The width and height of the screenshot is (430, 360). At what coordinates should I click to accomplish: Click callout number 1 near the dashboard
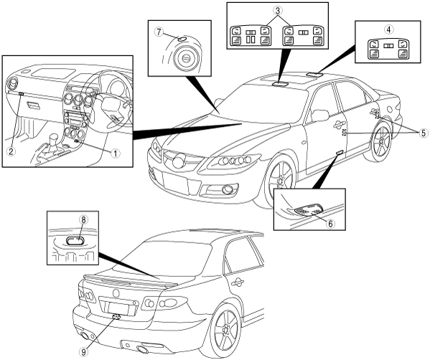tap(116, 153)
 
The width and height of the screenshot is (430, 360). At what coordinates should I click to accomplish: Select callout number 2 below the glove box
tap(11, 151)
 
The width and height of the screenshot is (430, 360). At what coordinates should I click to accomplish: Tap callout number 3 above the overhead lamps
tap(278, 11)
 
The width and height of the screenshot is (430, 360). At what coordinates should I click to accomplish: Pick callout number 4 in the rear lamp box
tap(388, 29)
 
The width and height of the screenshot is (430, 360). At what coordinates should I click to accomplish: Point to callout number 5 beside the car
tap(423, 133)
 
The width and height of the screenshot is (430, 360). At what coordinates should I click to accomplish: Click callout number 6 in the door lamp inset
tap(330, 224)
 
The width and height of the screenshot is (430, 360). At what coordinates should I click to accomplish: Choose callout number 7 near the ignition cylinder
tap(158, 32)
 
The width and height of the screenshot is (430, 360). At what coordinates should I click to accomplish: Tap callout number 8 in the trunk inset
tap(83, 219)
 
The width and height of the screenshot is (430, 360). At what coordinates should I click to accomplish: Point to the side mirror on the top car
tap(319, 115)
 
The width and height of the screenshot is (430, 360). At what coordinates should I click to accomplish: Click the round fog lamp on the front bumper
tap(227, 189)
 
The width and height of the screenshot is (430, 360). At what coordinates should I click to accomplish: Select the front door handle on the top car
tap(340, 125)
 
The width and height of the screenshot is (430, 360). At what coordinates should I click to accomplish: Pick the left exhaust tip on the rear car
tap(87, 336)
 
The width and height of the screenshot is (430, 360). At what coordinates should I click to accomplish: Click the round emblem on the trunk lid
tap(116, 293)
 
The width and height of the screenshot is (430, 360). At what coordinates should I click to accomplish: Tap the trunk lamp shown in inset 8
tap(75, 242)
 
